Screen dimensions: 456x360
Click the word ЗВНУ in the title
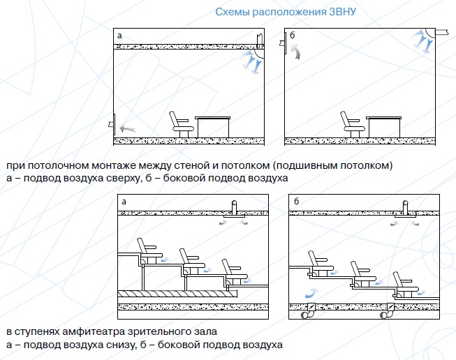pyautogui.click(x=343, y=12)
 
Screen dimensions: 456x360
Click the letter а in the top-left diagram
pyautogui.click(x=119, y=36)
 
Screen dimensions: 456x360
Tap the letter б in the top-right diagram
pyautogui.click(x=293, y=35)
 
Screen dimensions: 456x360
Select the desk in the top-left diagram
pyautogui.click(x=212, y=127)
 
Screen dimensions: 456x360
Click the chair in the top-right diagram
pyautogui.click(x=352, y=124)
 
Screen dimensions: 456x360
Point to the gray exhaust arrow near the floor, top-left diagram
pyautogui.click(x=127, y=128)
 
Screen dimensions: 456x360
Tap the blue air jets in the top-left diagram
pyautogui.click(x=250, y=62)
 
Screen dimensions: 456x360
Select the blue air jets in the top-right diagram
pyautogui.click(x=422, y=41)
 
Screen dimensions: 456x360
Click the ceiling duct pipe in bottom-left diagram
pyautogui.click(x=234, y=208)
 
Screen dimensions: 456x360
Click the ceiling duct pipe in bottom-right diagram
pyautogui.click(x=406, y=208)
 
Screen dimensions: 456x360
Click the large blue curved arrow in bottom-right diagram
pyautogui.click(x=311, y=293)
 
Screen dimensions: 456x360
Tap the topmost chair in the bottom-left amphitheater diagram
pyautogui.click(x=149, y=250)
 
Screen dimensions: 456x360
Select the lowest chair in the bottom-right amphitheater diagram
pyautogui.click(x=405, y=285)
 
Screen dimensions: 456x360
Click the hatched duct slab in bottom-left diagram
pyautogui.click(x=177, y=294)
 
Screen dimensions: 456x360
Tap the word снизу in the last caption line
pyautogui.click(x=119, y=345)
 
